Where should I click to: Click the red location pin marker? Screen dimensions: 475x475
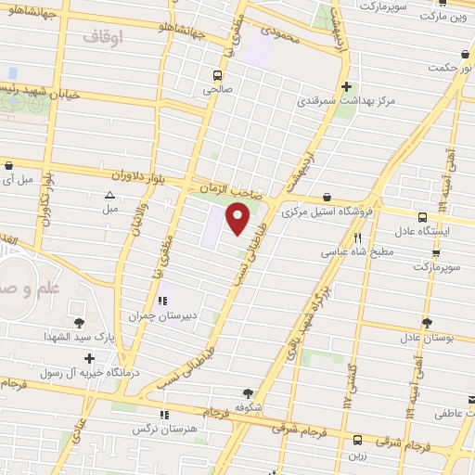pyautogui.click(x=238, y=218)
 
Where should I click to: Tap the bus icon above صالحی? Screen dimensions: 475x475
pyautogui.click(x=217, y=75)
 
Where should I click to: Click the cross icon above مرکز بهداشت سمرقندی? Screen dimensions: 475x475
pyautogui.click(x=345, y=86)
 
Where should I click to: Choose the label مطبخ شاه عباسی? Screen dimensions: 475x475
pyautogui.click(x=358, y=250)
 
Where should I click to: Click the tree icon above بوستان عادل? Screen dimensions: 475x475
pyautogui.click(x=426, y=323)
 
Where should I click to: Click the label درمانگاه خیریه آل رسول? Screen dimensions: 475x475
pyautogui.click(x=80, y=373)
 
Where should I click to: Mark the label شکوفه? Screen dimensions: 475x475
pyautogui.click(x=248, y=407)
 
